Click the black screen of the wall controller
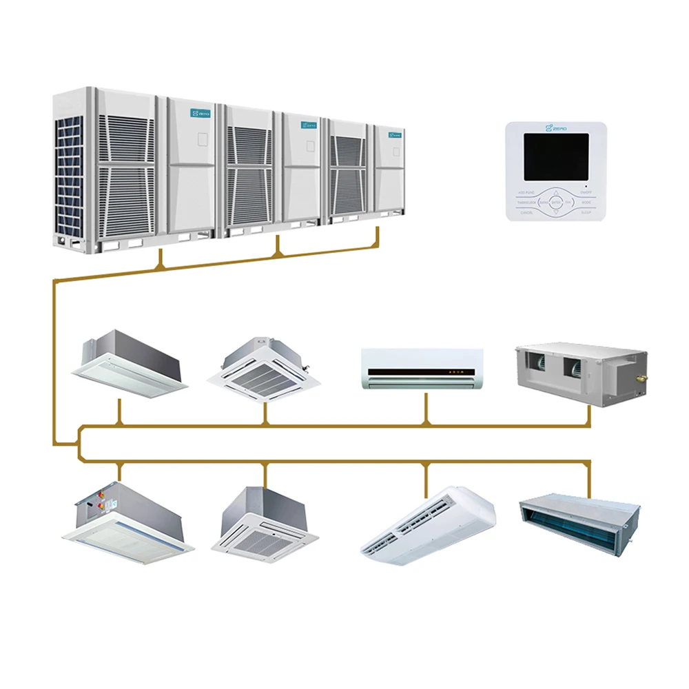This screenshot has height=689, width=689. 556,156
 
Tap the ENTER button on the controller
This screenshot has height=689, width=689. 556,203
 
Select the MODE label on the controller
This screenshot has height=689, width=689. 586,203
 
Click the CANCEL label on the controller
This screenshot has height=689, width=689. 526,213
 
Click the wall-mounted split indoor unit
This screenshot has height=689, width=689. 422,369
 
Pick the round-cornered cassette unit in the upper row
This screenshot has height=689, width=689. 265,369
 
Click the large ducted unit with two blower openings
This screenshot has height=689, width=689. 580,374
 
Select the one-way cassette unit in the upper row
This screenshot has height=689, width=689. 130,363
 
